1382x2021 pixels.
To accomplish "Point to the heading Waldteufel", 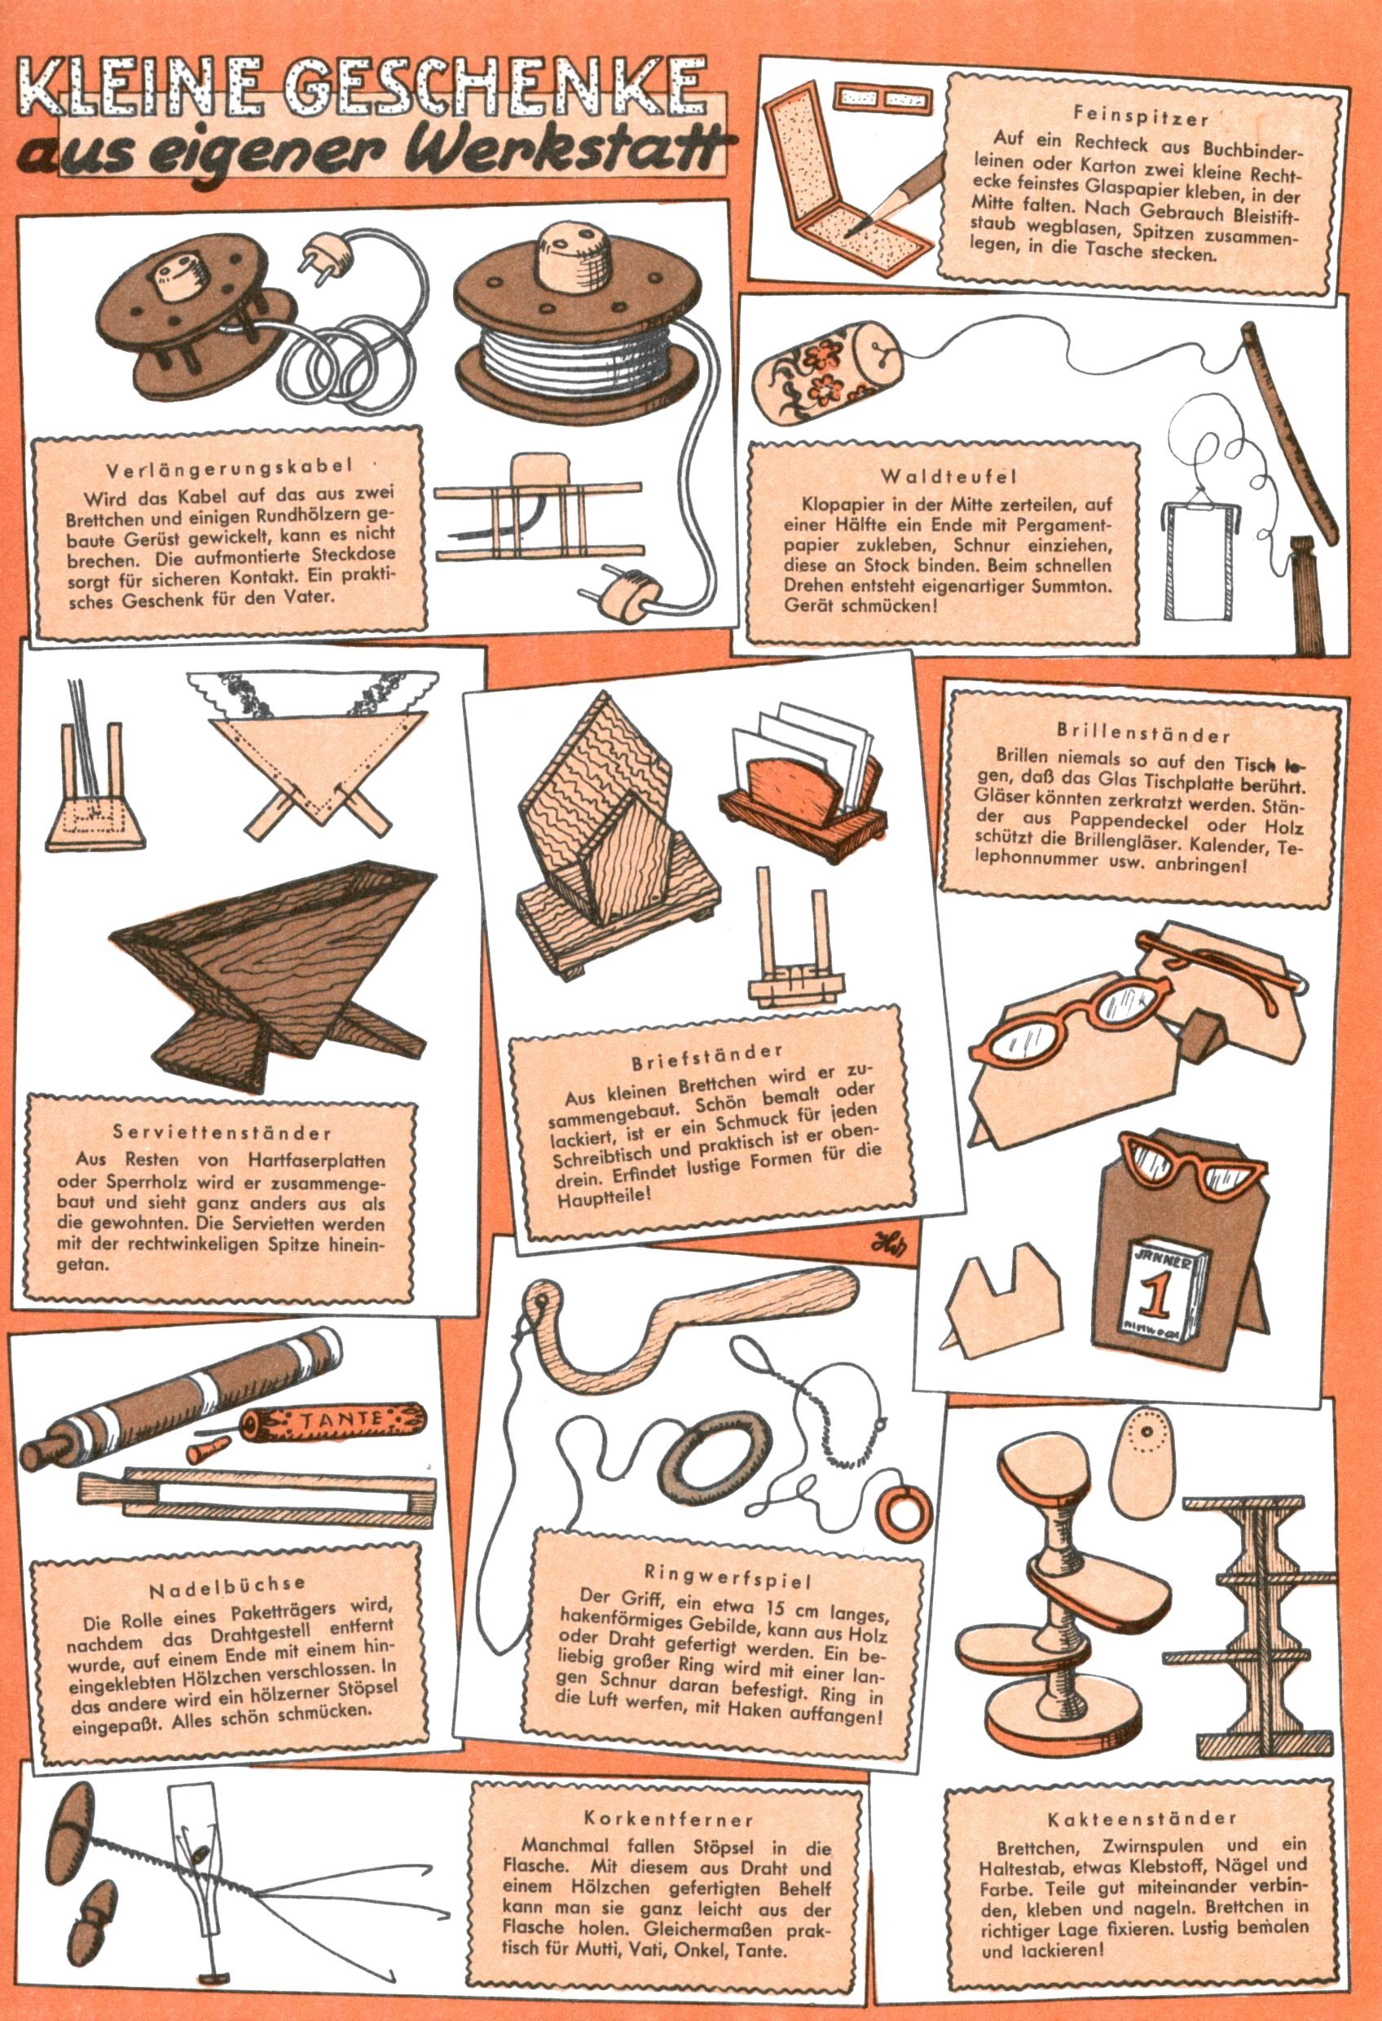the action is tap(948, 477).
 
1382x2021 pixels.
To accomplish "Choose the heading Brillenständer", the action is tap(1144, 733).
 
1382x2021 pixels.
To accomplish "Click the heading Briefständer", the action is tap(707, 1058).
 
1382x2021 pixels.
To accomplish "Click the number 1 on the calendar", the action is tap(1155, 1295).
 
